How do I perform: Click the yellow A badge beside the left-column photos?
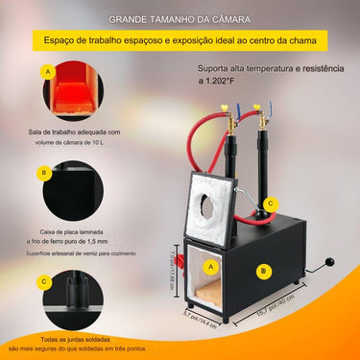(x=46, y=72)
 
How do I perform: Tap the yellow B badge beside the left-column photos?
(x=46, y=174)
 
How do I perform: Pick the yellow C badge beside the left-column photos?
(x=46, y=282)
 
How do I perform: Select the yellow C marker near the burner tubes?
(x=271, y=204)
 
